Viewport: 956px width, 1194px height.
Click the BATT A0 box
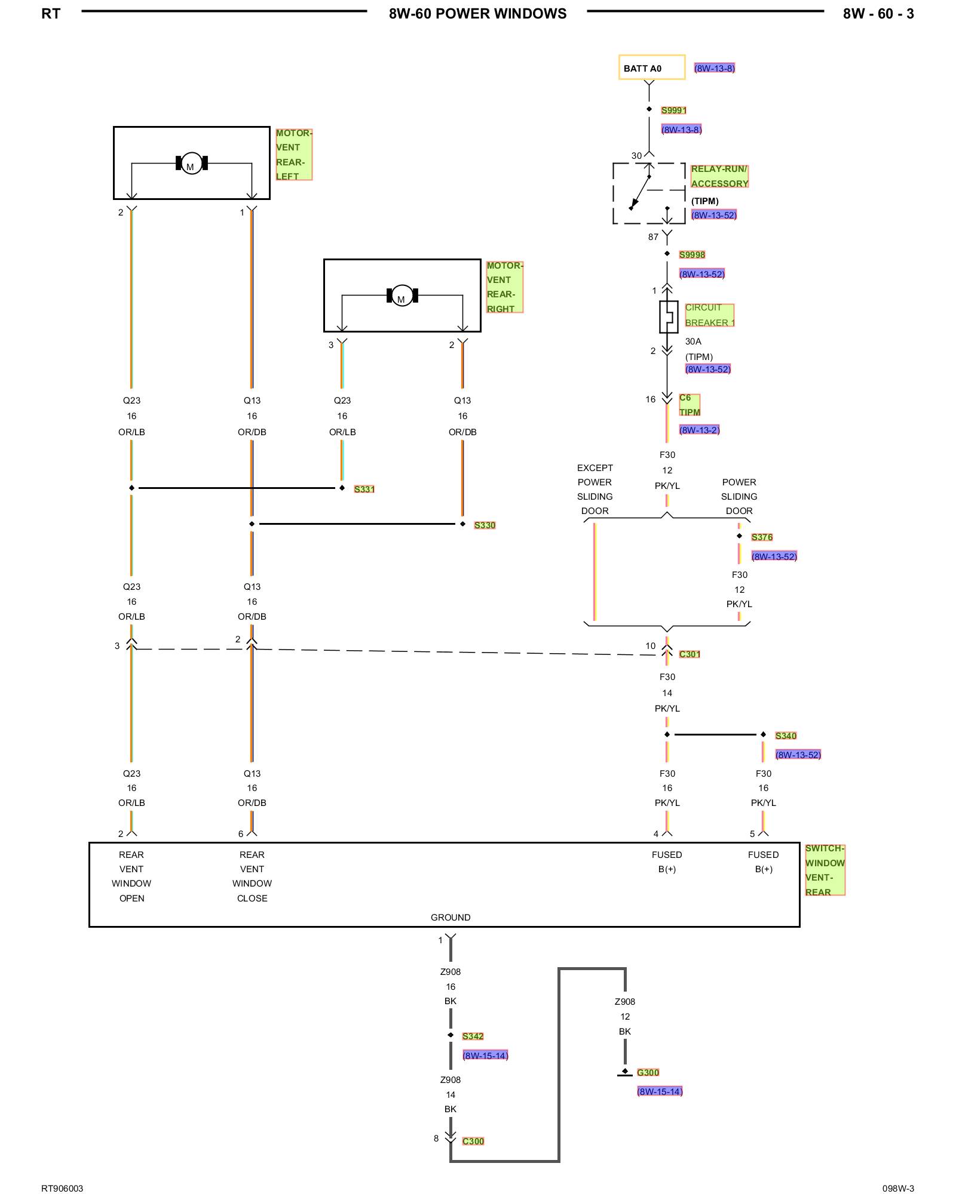652,67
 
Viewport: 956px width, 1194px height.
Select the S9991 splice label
674,110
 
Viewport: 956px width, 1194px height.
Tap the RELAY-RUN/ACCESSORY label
719,176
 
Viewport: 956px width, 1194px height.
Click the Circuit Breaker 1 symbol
669,316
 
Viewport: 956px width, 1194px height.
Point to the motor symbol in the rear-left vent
191,163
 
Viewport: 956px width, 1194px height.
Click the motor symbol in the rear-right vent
402,296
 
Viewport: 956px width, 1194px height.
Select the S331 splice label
364,490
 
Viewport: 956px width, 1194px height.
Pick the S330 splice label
485,525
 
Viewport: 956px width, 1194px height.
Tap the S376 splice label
762,537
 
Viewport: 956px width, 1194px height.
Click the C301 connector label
690,654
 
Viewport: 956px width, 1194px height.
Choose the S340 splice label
786,736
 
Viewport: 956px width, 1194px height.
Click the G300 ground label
648,1073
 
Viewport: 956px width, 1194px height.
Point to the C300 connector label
473,1141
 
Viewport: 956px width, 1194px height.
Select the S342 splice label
473,1036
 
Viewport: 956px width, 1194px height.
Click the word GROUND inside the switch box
451,918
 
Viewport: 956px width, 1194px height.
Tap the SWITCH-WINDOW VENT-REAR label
825,870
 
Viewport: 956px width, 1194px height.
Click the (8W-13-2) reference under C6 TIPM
699,430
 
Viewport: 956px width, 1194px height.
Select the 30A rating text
693,341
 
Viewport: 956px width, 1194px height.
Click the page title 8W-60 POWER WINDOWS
477,14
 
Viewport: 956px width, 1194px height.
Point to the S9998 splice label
692,255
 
